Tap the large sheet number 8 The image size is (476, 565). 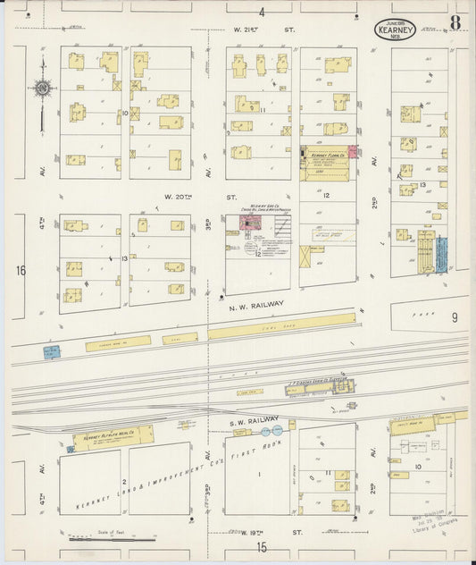click(455, 22)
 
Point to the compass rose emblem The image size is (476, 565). click(42, 89)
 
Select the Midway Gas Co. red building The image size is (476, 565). click(246, 222)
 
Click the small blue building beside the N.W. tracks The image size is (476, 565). click(51, 352)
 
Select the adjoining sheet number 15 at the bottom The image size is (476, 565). click(263, 545)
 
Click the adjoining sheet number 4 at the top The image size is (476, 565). click(262, 13)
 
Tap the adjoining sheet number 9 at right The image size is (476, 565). click(454, 316)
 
